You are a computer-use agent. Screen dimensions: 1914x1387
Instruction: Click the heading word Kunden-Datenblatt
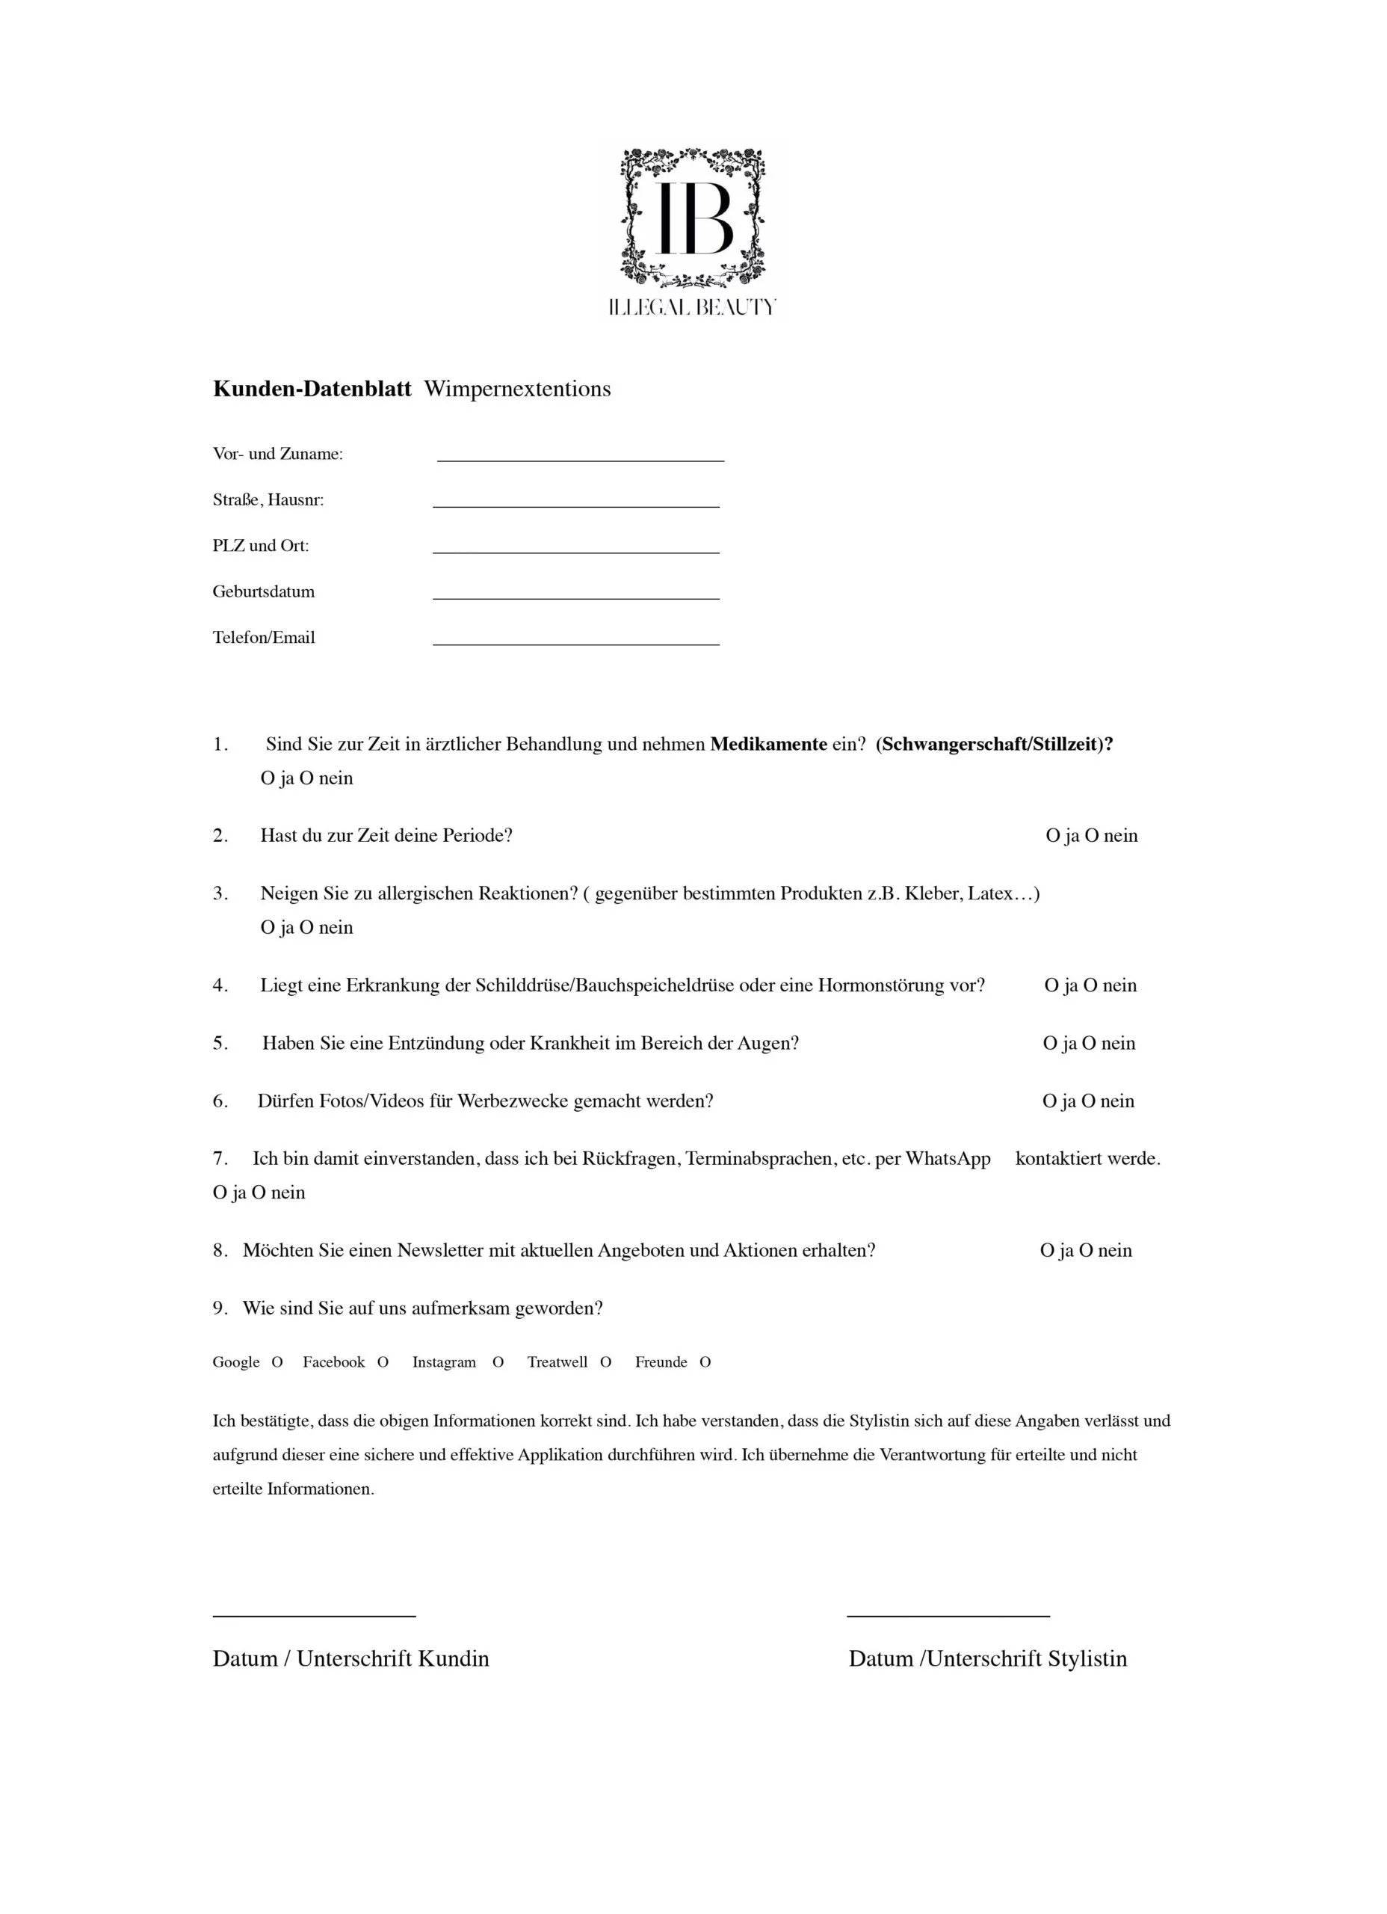[x=312, y=389]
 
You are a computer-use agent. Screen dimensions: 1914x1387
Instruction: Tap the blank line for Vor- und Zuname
[x=580, y=459]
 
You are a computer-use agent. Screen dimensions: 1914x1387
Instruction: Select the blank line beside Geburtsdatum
[x=575, y=597]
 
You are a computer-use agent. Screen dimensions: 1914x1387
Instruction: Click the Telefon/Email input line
[x=575, y=644]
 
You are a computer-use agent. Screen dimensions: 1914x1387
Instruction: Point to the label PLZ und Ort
[x=261, y=546]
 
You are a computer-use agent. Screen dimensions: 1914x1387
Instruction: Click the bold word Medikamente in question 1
[x=767, y=745]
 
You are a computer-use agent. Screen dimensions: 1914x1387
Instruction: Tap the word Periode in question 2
[x=478, y=835]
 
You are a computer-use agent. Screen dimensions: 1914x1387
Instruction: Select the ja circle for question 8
[x=1047, y=1251]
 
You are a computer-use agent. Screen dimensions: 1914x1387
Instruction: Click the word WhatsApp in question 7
[x=948, y=1159]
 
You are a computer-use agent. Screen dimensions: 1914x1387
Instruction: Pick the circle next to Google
[x=277, y=1362]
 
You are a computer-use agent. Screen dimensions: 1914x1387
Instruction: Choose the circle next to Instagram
[x=498, y=1362]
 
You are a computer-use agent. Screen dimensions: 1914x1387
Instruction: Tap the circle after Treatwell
[x=605, y=1362]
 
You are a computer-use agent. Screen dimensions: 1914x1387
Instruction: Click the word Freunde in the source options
[x=661, y=1362]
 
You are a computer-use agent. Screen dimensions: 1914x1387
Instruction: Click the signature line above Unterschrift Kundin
[x=314, y=1615]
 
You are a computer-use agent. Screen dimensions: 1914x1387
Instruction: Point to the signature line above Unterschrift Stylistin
[x=948, y=1615]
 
